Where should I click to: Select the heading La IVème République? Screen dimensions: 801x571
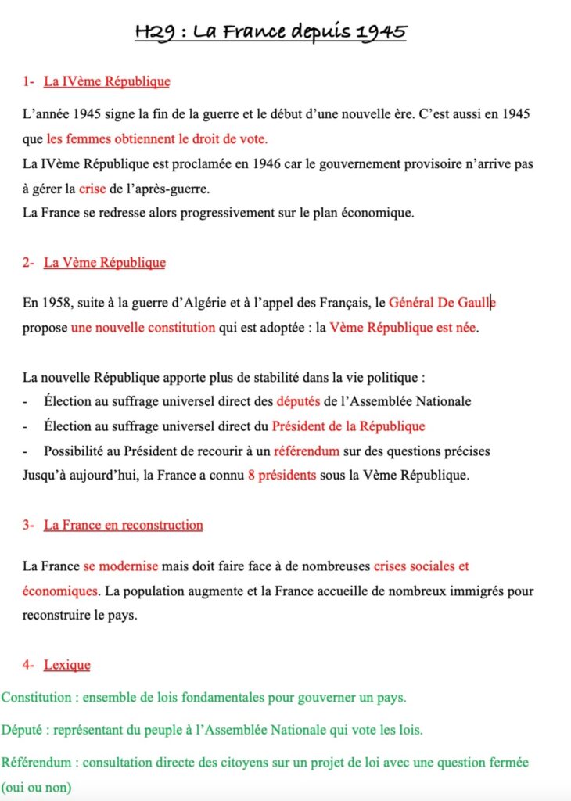(106, 81)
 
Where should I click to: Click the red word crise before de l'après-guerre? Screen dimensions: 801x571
(92, 189)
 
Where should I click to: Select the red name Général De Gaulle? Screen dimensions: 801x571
(442, 302)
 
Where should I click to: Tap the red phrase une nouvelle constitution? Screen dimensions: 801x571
(142, 327)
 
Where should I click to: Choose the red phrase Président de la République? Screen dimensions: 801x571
(348, 426)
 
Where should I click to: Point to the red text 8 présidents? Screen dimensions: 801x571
(282, 476)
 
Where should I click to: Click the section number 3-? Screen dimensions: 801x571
(29, 525)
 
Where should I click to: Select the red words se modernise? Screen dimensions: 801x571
(120, 566)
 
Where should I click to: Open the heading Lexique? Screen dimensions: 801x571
(66, 665)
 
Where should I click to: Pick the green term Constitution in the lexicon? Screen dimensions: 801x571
(34, 696)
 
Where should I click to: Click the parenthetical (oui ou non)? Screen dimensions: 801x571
(36, 786)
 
